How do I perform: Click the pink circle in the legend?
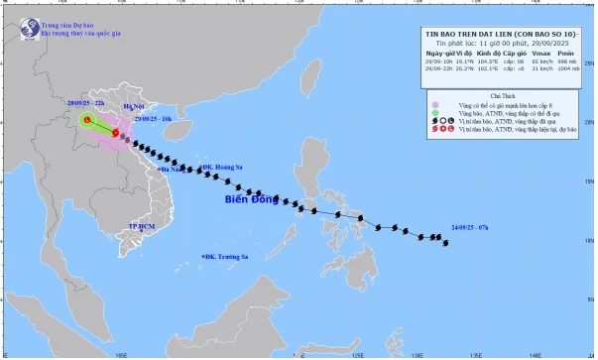(434, 103)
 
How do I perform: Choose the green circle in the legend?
(434, 113)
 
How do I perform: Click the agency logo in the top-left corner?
(18, 16)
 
